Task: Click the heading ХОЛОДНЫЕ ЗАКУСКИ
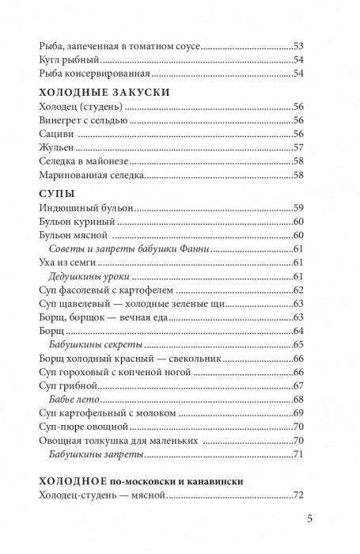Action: tap(93, 92)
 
